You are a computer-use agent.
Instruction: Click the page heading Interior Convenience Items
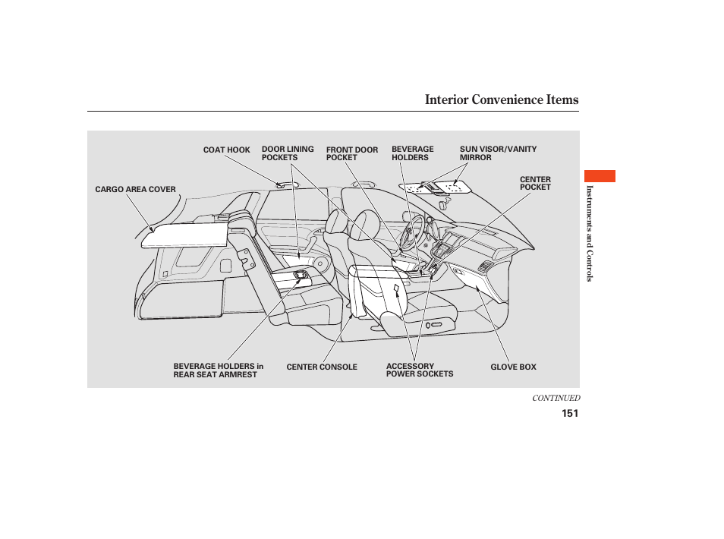click(501, 99)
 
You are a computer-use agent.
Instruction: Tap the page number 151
click(570, 414)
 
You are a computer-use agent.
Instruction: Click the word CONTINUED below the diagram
click(556, 398)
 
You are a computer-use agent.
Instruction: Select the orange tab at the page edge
click(600, 176)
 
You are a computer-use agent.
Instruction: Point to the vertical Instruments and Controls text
click(588, 233)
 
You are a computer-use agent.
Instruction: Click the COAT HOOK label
click(226, 150)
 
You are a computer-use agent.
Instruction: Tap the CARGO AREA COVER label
click(135, 190)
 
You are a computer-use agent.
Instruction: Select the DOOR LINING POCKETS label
click(287, 153)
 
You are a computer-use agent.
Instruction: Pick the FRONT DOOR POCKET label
click(351, 153)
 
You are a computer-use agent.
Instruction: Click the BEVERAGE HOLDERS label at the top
click(412, 153)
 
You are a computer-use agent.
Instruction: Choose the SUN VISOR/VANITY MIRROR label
click(497, 153)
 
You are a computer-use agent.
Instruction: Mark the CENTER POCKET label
click(535, 184)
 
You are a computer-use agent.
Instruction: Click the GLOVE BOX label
click(513, 367)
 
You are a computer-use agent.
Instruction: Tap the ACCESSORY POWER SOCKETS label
click(419, 370)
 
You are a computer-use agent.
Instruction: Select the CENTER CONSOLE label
click(321, 367)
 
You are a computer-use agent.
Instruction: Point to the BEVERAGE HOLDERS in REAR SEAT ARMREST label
click(218, 370)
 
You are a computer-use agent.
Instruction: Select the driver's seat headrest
click(364, 225)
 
